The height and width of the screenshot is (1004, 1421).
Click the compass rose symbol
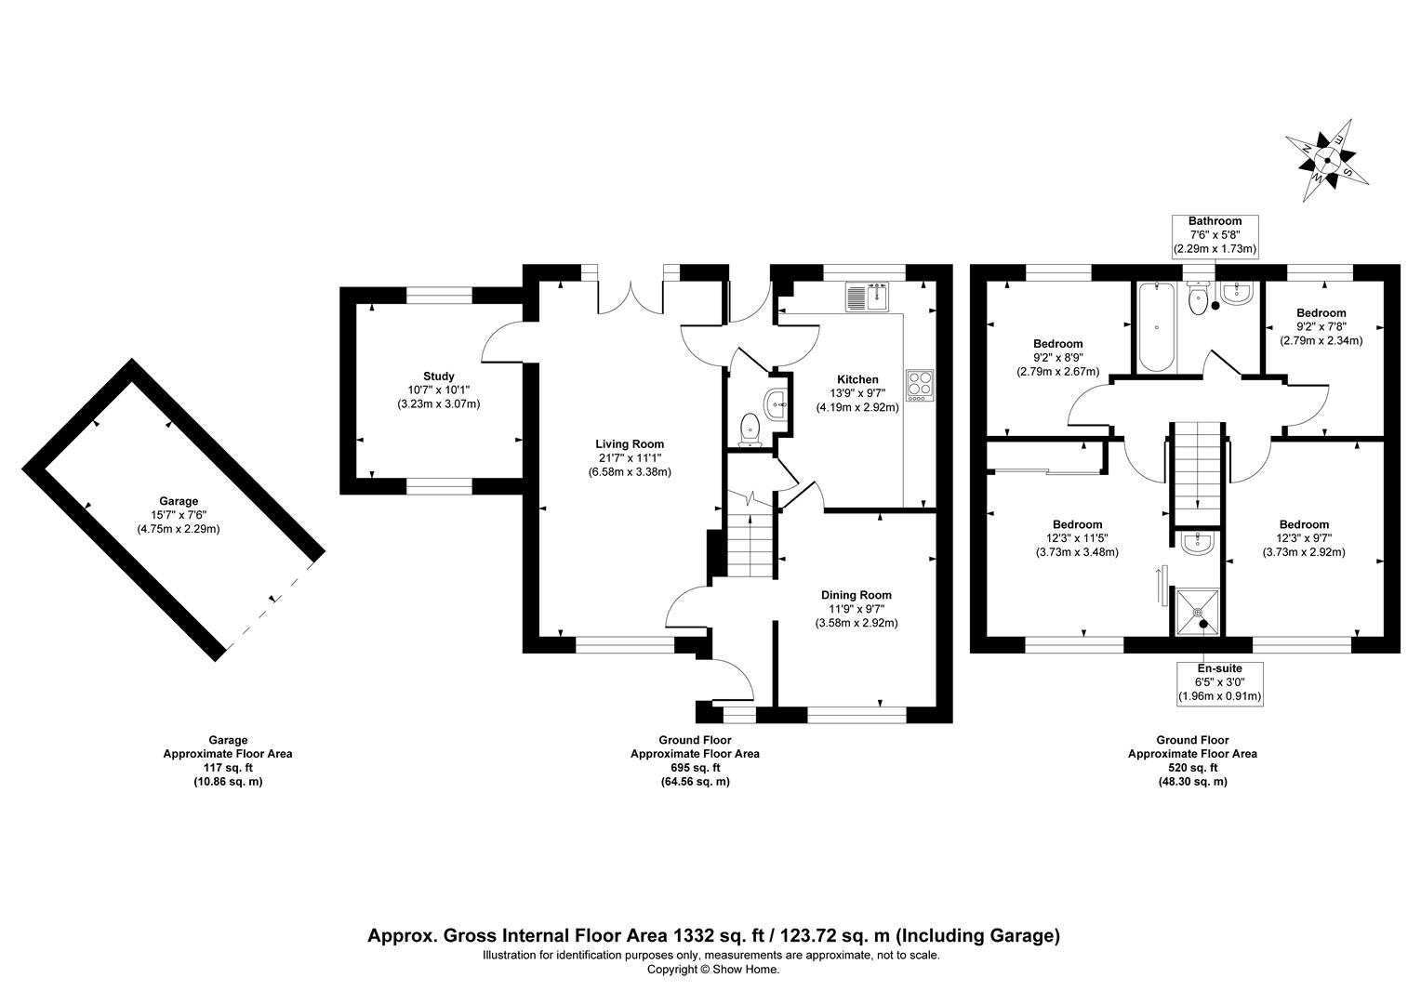[x=1326, y=163]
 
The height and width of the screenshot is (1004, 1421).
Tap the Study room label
[x=437, y=376]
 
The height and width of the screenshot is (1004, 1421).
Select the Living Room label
[x=630, y=443]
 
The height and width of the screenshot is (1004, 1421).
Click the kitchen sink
[x=868, y=297]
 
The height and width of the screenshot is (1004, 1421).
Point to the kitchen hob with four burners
[x=920, y=385]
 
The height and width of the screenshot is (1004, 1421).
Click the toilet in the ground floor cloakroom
[x=750, y=431]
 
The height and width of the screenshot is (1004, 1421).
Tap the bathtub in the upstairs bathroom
[x=1156, y=326]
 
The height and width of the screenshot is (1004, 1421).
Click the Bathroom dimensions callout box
[x=1214, y=235]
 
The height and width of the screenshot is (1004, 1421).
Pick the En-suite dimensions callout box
[x=1219, y=682]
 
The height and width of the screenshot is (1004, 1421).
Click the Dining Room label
[x=856, y=595]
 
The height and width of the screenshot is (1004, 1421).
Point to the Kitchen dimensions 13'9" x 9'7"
[x=857, y=393]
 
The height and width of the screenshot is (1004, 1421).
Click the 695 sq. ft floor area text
[x=695, y=768]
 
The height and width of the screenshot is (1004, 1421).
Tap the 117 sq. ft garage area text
[x=227, y=768]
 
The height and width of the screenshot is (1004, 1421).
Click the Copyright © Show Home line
[x=712, y=970]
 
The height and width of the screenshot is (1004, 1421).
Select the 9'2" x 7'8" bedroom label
[x=1321, y=326]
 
